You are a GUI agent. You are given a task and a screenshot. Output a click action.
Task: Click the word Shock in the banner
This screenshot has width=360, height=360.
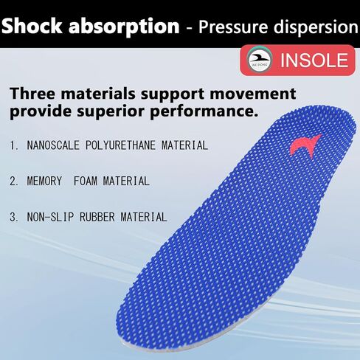coord(32,26)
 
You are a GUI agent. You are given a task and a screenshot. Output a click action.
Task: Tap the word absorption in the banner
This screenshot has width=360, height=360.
coord(124,27)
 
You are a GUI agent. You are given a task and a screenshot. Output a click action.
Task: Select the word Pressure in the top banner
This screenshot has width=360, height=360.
coord(233,27)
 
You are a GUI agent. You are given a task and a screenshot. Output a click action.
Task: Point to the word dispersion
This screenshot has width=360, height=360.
coord(316,27)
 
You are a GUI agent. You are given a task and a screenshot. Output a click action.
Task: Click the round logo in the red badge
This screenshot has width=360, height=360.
coord(259,60)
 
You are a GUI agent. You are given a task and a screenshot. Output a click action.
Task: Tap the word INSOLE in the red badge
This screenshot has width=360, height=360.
coord(314,60)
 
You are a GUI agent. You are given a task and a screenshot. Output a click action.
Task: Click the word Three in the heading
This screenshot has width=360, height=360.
coord(32,94)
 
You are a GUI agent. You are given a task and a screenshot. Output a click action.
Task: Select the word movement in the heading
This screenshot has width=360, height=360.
coord(253,94)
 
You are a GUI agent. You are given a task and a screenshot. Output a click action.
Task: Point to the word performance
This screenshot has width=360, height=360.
coord(204,111)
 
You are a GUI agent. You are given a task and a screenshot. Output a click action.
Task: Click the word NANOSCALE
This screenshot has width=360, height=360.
coord(53,145)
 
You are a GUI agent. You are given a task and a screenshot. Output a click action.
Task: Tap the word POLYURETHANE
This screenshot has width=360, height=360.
coord(120,145)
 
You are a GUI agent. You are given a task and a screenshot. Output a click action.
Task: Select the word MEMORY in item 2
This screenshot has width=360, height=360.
coord(44,181)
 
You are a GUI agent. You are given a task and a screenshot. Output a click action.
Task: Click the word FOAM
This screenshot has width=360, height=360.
coord(85,181)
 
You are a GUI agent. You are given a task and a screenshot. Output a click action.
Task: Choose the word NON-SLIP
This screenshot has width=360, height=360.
coord(50,217)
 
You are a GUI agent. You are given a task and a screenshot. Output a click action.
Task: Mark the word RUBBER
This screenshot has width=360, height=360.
coord(97,217)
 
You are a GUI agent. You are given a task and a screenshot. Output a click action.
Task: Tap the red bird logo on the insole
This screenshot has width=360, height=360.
coord(305,146)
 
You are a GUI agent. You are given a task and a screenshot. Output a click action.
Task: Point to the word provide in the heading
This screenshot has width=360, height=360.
coord(41,111)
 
